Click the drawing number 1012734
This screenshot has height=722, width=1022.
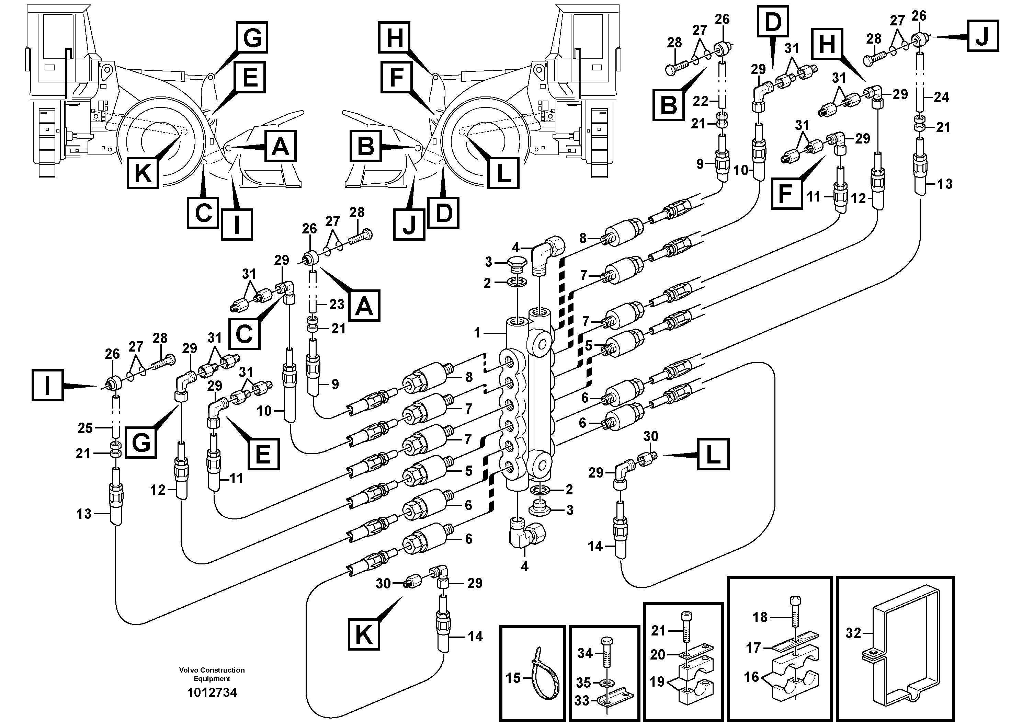(x=212, y=692)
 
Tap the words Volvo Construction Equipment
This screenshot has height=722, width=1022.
(x=212, y=674)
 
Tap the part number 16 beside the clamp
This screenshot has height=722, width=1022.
(x=751, y=677)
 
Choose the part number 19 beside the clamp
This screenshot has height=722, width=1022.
(x=657, y=681)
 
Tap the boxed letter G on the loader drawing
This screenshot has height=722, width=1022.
(x=252, y=37)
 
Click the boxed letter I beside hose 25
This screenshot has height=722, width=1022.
(x=47, y=386)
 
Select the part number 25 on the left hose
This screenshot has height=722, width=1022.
(x=85, y=428)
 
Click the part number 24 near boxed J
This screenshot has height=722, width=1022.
(x=941, y=97)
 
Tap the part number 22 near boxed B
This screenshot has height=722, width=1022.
(x=700, y=102)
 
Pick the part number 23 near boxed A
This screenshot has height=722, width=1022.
(x=337, y=305)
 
